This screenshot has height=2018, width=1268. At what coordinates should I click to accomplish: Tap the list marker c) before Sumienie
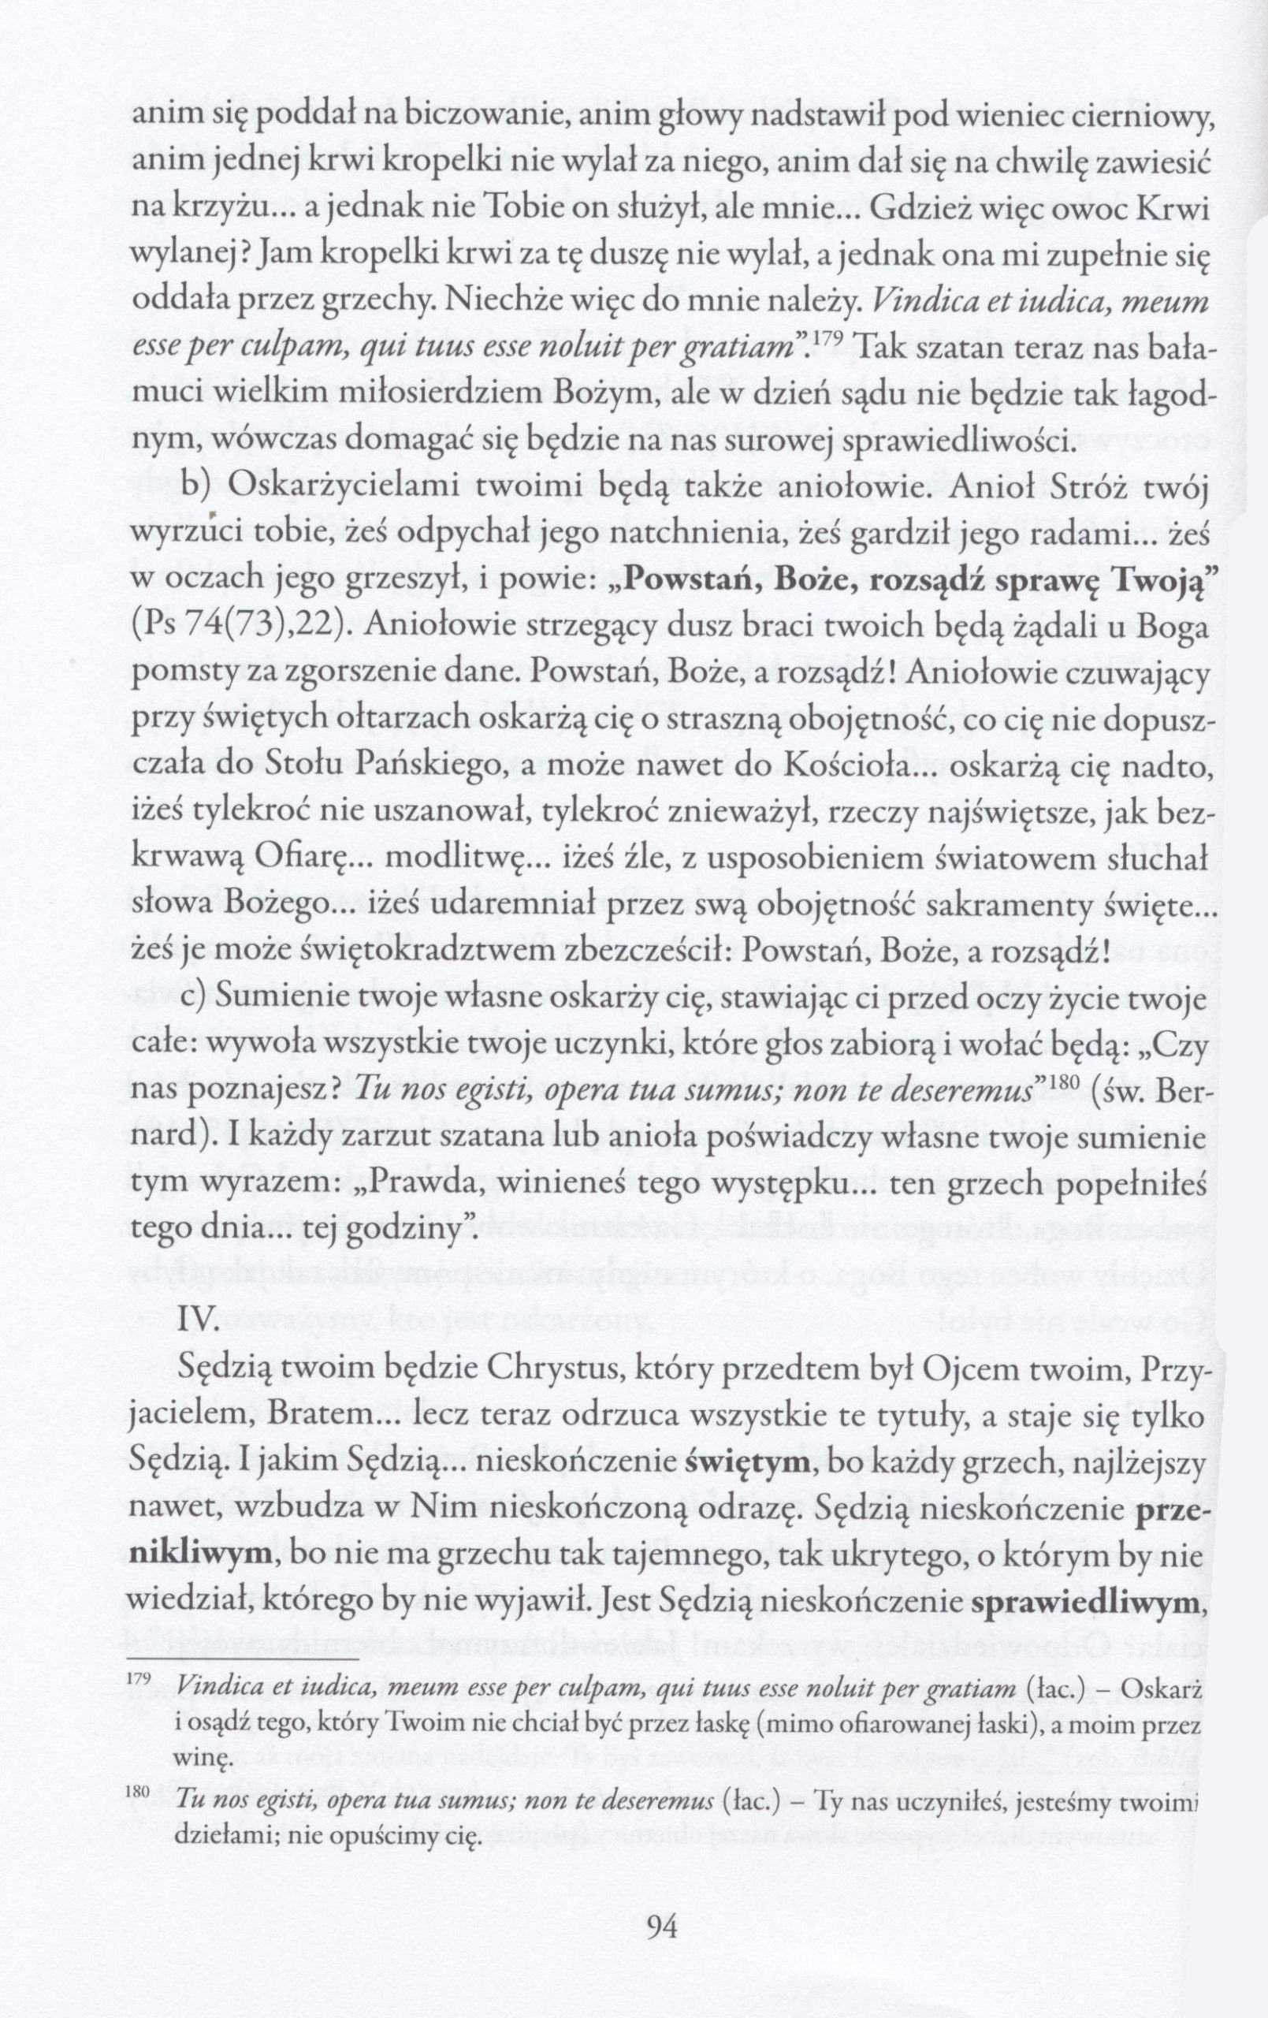tap(197, 1000)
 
